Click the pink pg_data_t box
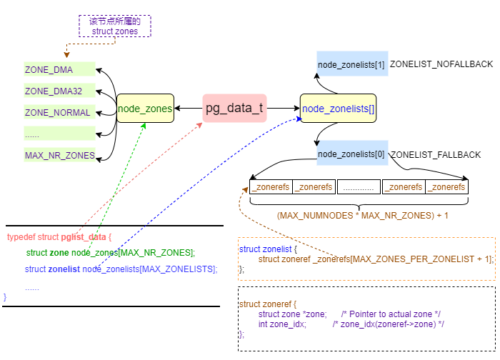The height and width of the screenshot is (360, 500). [234, 109]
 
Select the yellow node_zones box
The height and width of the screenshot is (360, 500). [145, 109]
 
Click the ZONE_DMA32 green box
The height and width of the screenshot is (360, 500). [59, 91]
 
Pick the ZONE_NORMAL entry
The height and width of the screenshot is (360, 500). [59, 112]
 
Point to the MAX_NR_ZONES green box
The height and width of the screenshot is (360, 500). [59, 155]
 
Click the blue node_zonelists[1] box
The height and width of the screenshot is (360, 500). [351, 64]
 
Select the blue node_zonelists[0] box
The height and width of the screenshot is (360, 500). [351, 154]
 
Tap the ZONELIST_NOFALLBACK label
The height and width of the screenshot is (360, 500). [441, 64]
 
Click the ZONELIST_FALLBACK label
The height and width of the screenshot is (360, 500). [436, 154]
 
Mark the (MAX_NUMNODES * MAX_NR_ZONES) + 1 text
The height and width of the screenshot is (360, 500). [362, 214]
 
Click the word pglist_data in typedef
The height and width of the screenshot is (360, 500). [84, 236]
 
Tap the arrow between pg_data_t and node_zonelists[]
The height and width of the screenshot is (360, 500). [283, 109]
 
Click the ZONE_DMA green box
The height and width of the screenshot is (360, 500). [59, 69]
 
